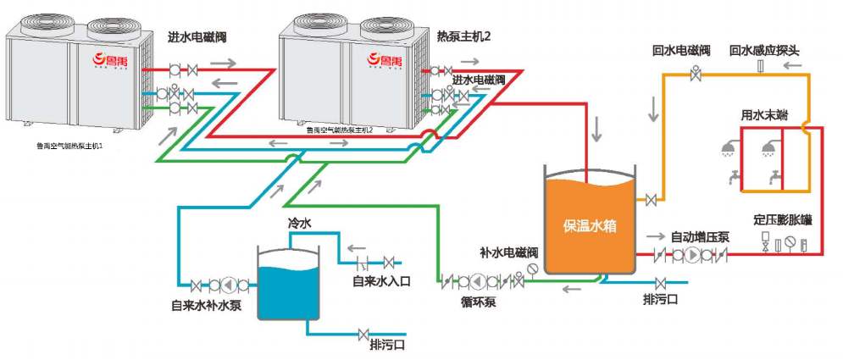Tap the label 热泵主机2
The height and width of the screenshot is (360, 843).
[x=463, y=37]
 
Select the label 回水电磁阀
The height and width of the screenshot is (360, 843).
[x=680, y=51]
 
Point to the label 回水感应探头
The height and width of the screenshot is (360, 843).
[x=764, y=51]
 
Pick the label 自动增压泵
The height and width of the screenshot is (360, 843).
[x=700, y=236]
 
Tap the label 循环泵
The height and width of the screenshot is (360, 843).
[x=480, y=301]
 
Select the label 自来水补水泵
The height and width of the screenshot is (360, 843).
[x=206, y=305]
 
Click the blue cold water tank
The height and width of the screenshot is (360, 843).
[x=288, y=284]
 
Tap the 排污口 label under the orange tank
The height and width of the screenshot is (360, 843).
[x=660, y=299]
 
